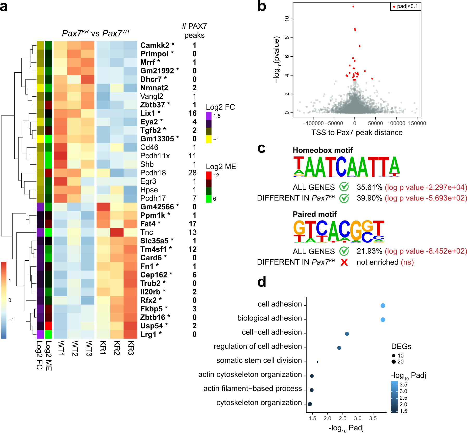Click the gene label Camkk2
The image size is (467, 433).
click(x=155, y=45)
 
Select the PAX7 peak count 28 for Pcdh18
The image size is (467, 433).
click(x=192, y=173)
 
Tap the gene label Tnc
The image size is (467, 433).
click(x=147, y=232)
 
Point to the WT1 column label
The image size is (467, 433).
click(x=61, y=348)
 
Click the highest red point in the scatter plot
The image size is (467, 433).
click(x=353, y=7)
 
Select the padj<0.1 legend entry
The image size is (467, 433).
click(x=405, y=7)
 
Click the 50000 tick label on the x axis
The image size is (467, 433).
click(x=375, y=123)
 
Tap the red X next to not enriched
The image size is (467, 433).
click(x=344, y=262)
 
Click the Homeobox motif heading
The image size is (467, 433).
click(x=322, y=150)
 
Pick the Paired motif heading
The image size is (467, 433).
click(x=315, y=214)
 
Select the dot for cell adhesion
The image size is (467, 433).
click(x=383, y=306)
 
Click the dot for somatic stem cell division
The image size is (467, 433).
click(x=317, y=362)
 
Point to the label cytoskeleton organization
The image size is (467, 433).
click(x=259, y=403)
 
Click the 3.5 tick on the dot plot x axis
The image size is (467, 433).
click(x=373, y=418)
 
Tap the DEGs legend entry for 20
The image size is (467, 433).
click(x=397, y=362)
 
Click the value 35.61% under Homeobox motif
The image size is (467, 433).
click(x=369, y=187)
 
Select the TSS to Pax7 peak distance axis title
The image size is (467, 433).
click(x=357, y=133)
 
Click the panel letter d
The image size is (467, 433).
click(x=261, y=282)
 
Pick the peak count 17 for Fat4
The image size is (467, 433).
click(x=192, y=224)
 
